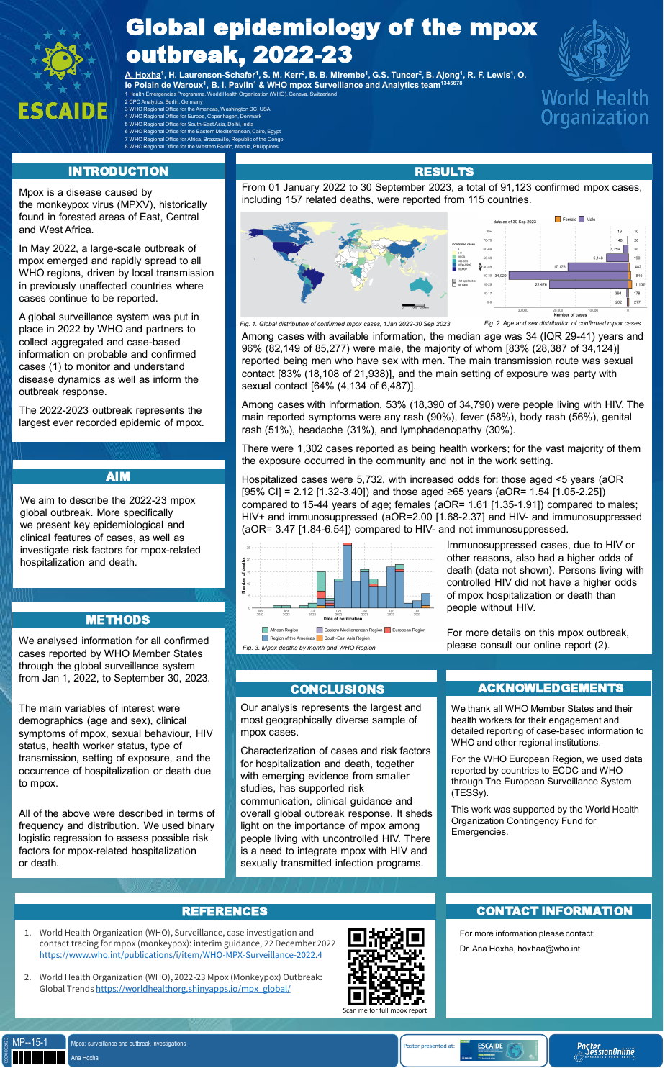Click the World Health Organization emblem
coord(594,72)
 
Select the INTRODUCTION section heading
coord(118,171)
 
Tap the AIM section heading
coord(118,476)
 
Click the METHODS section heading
coord(118,620)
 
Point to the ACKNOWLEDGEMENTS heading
coord(550,688)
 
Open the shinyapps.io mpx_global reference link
coord(193,989)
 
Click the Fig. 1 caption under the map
coord(345,325)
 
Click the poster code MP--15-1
coord(30,1042)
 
